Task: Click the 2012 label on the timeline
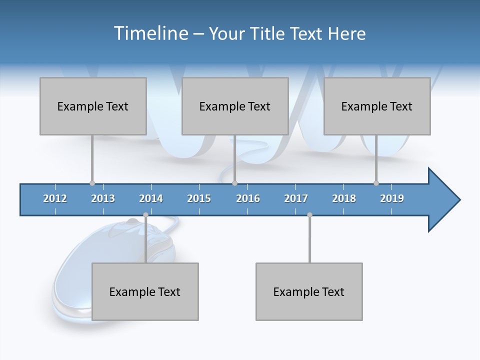pos(55,198)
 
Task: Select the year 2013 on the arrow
pos(103,198)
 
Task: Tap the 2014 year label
pos(151,198)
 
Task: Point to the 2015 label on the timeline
pos(199,198)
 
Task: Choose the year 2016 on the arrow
pos(248,198)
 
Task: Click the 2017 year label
pos(296,198)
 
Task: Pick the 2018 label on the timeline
pos(344,198)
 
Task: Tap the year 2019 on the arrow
pos(392,198)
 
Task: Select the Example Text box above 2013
pos(93,106)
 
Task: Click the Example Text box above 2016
pos(235,106)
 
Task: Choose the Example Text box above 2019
pos(377,106)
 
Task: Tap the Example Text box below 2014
pos(145,291)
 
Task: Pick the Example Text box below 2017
pos(309,291)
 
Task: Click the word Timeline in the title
pos(150,33)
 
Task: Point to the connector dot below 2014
pos(145,215)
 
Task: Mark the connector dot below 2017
pos(309,215)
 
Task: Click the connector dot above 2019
pos(376,183)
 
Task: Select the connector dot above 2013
pos(92,183)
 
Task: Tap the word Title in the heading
pos(269,33)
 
